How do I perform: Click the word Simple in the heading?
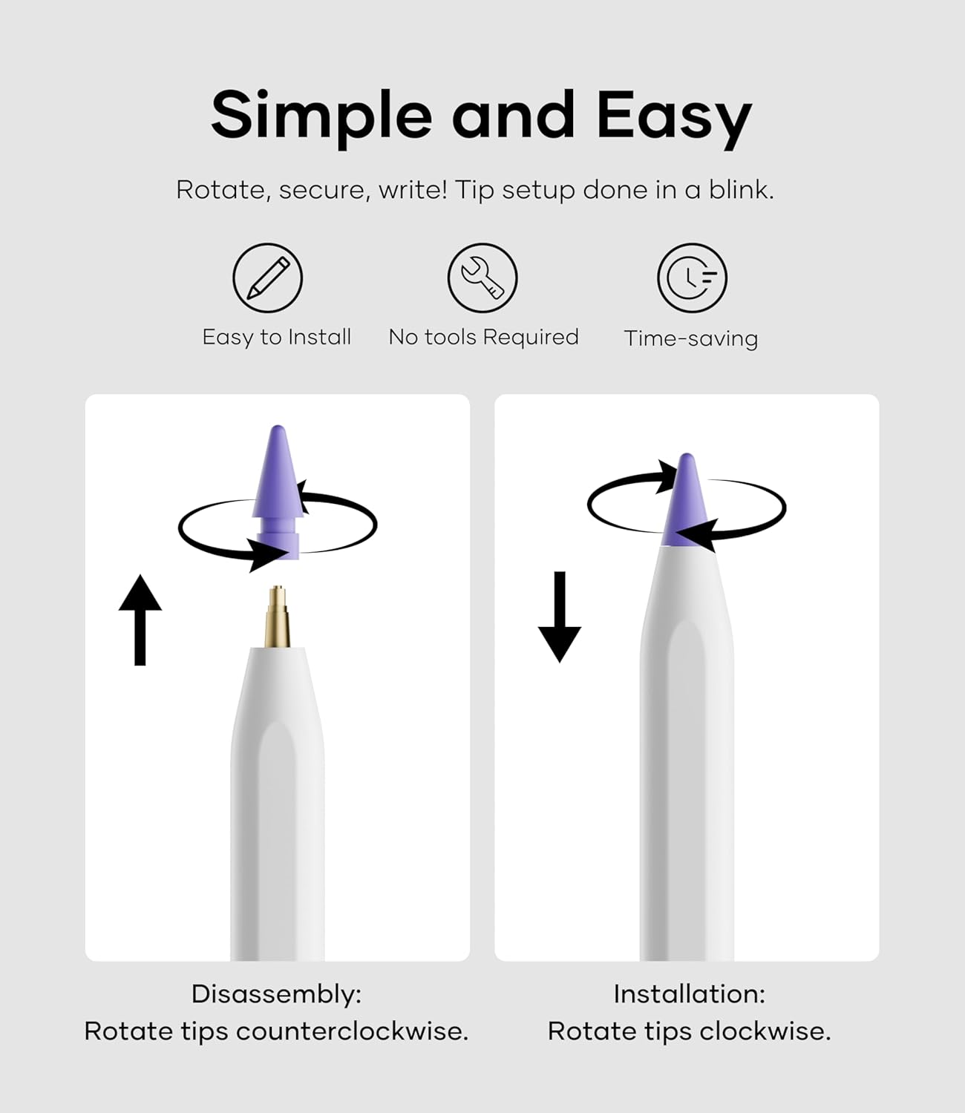(321, 115)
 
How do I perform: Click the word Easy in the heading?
(674, 115)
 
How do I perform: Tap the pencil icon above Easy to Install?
(267, 278)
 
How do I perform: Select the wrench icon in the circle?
(482, 278)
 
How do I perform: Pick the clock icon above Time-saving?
(692, 278)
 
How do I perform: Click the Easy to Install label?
(276, 337)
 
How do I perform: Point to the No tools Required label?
(483, 337)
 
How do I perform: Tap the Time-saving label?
(690, 338)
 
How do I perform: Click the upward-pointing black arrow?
(140, 620)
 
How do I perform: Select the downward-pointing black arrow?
(560, 616)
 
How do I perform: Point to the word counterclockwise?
(352, 1031)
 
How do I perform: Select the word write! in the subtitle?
(413, 190)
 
